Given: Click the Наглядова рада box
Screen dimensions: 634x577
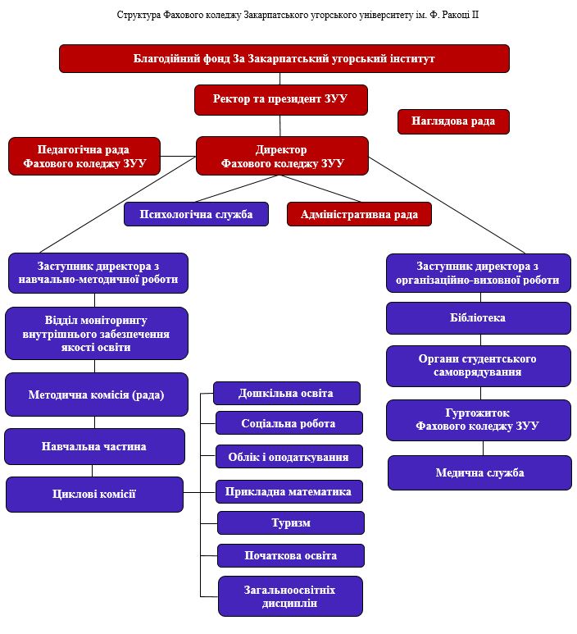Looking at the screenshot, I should click(x=453, y=121).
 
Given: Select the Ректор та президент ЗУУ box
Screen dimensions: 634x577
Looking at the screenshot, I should click(x=280, y=99).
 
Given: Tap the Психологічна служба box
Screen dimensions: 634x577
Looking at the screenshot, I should click(x=196, y=214).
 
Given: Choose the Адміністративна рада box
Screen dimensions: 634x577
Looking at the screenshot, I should click(x=359, y=214).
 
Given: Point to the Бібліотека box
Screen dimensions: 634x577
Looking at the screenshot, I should click(x=478, y=318).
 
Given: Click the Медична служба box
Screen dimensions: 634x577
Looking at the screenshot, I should click(x=479, y=472).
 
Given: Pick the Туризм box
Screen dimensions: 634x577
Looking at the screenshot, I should click(x=290, y=522).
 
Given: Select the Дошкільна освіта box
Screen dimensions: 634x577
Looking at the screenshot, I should click(x=286, y=393).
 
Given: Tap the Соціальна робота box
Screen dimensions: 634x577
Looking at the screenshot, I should click(x=289, y=423).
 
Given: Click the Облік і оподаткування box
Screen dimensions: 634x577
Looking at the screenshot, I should click(x=289, y=457).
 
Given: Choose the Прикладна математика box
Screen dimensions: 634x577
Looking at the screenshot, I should click(x=289, y=491).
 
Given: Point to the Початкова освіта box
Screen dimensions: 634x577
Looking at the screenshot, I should click(x=290, y=555).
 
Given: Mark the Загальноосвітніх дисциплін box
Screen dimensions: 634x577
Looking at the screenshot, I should click(x=289, y=596).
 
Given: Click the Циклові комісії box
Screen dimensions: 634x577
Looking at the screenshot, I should click(x=94, y=494).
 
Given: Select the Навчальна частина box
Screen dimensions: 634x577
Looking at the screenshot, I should click(x=94, y=446).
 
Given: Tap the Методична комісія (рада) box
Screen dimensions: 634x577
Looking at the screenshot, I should click(x=96, y=395).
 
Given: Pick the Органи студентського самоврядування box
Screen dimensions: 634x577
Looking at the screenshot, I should click(x=478, y=366).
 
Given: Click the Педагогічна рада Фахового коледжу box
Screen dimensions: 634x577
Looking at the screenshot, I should click(x=84, y=156).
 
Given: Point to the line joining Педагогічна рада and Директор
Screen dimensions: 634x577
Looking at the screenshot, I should click(x=178, y=156).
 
